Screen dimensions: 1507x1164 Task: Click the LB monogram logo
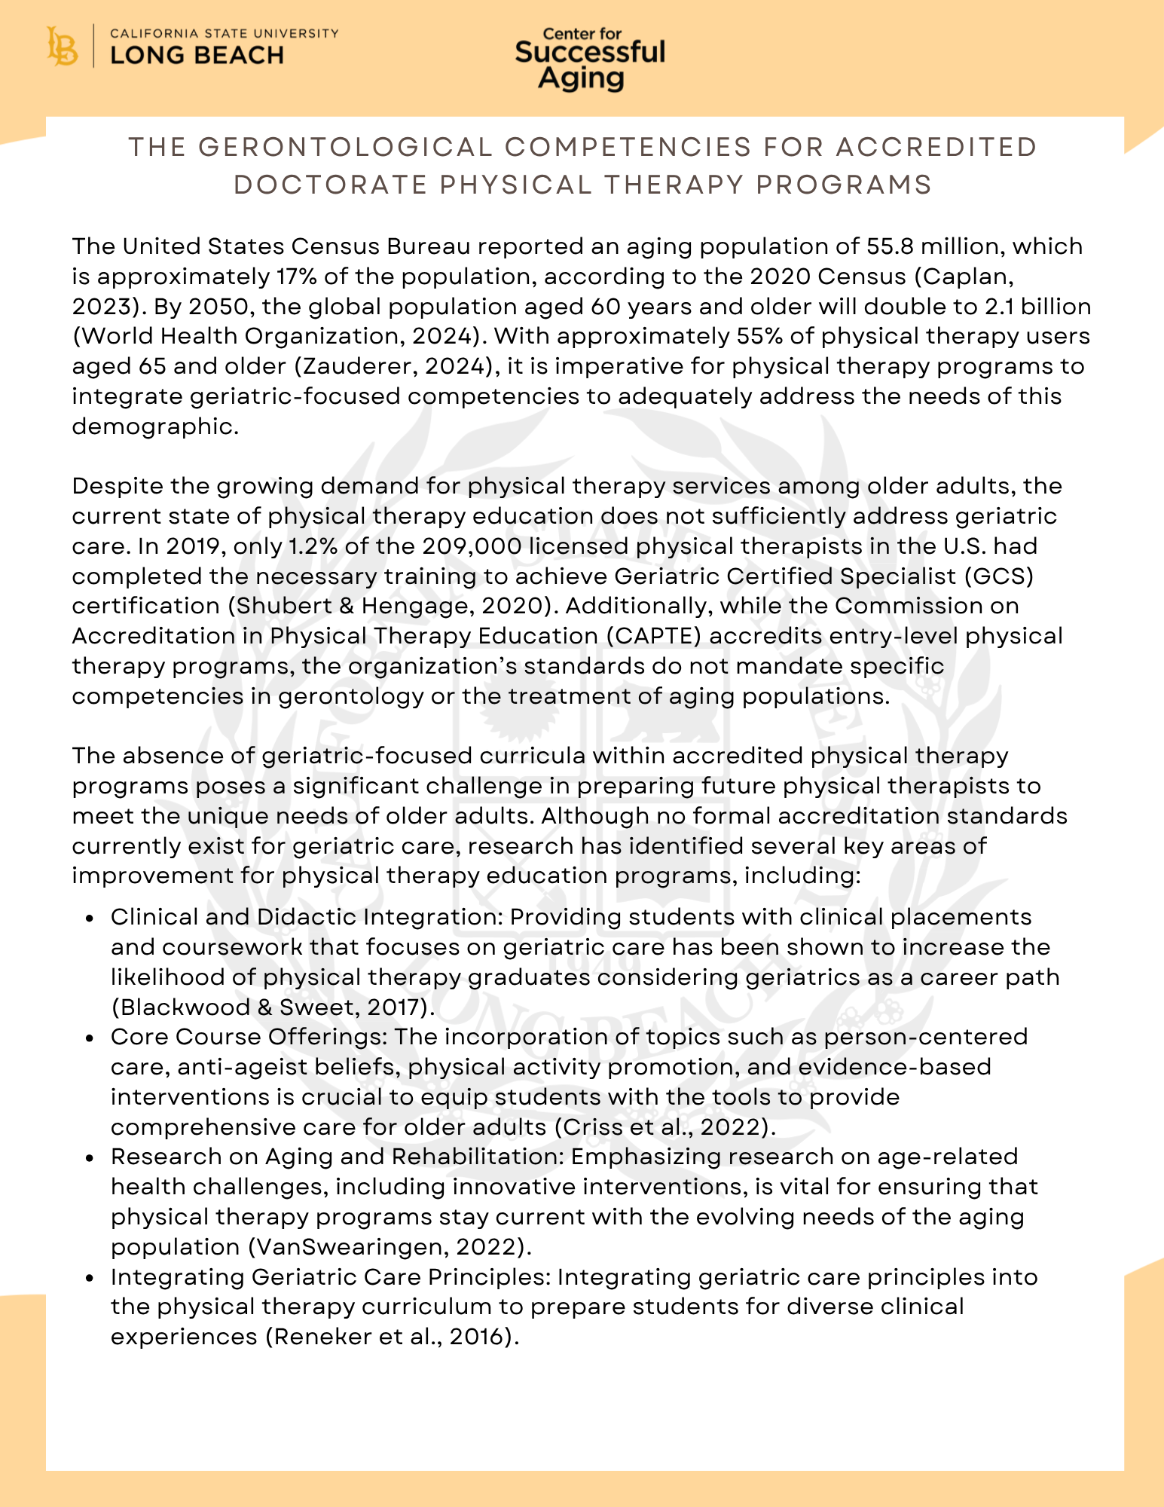coord(62,47)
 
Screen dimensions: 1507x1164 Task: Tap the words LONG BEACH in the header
coord(197,56)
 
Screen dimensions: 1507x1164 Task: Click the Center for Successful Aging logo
coord(590,59)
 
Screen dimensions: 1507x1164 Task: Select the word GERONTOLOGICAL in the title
coord(344,147)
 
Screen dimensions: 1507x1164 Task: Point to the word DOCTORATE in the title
coord(331,185)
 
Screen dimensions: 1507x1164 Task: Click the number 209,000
coord(471,546)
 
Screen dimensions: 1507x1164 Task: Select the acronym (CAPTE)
coord(653,636)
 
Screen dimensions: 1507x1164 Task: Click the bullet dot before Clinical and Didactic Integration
coord(90,918)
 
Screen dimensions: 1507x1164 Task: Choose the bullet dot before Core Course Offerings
coord(90,1038)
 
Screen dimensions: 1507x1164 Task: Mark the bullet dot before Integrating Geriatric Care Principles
coord(90,1278)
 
